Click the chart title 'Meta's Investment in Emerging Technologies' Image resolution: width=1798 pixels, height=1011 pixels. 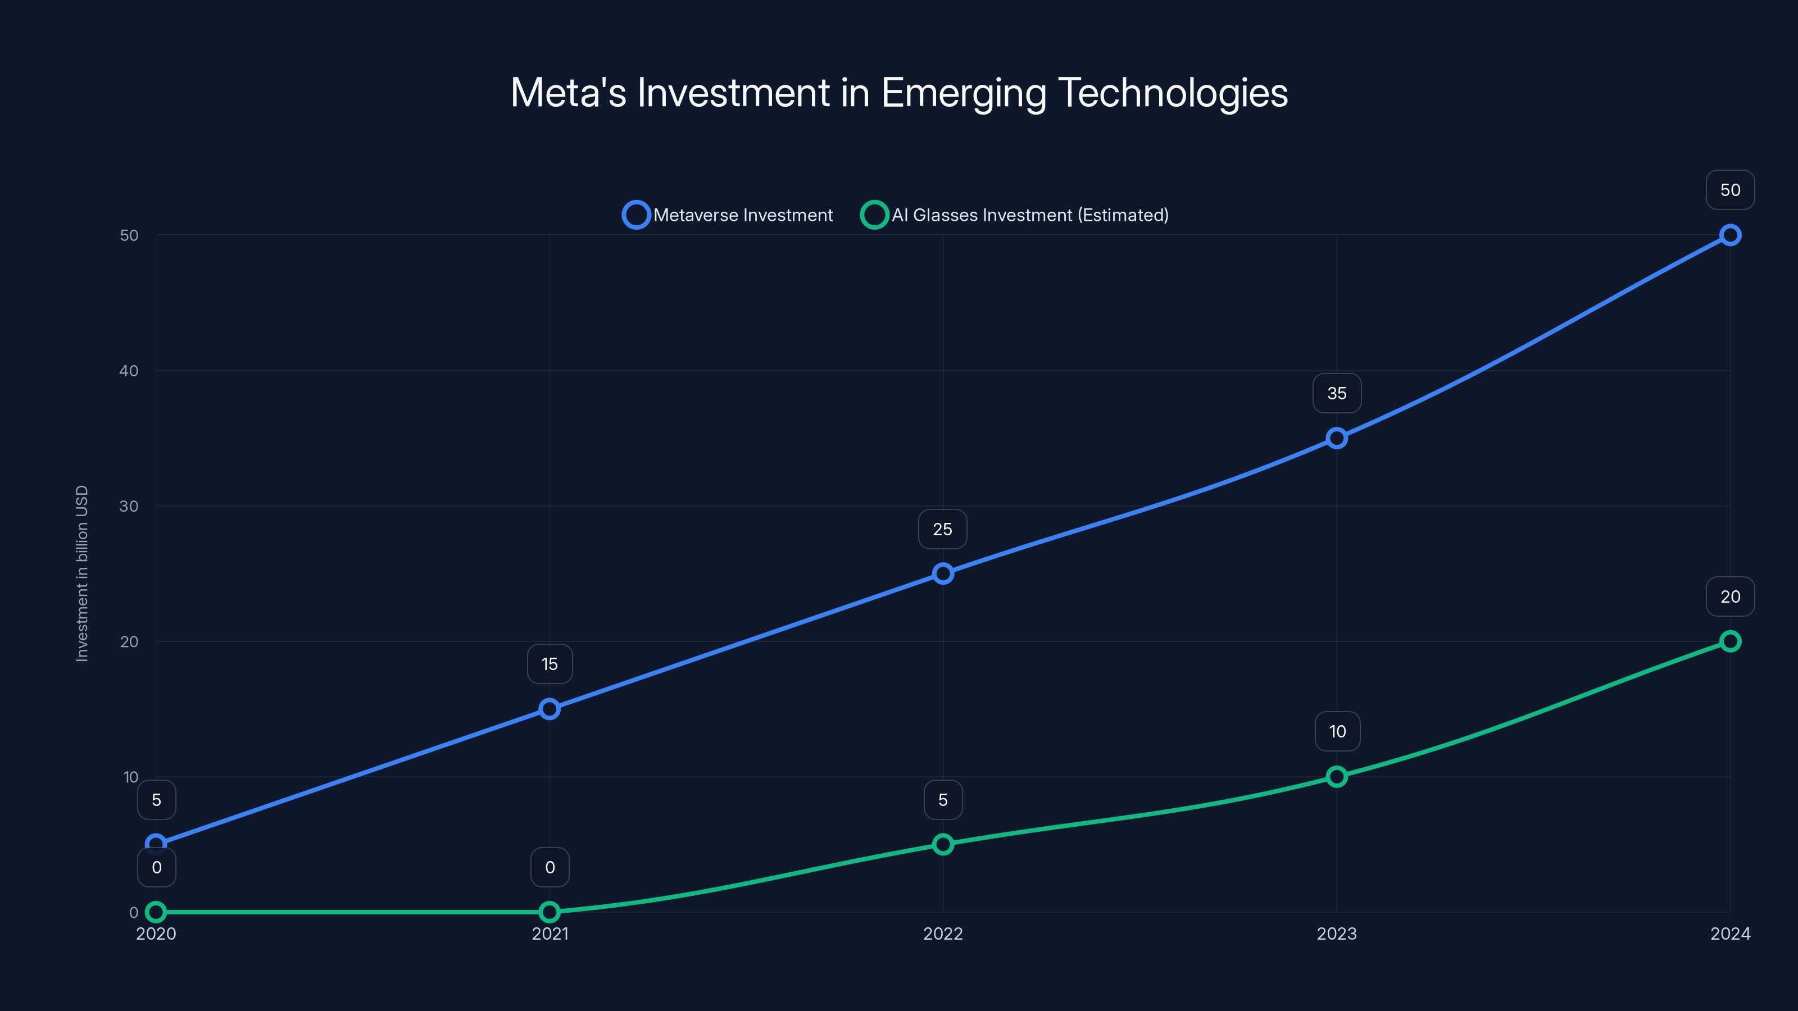899,93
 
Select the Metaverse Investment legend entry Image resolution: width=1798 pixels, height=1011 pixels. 728,215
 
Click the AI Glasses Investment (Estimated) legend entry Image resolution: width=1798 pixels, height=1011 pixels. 1015,215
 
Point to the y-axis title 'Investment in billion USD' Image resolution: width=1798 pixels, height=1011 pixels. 83,573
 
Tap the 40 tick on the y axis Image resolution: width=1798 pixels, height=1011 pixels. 129,371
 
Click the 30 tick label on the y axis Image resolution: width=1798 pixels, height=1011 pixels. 129,506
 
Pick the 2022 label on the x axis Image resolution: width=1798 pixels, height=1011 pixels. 943,933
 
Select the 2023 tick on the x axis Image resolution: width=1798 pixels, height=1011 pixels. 1337,933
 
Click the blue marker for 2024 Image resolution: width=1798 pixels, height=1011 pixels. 1729,235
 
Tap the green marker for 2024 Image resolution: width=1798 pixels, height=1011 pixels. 1729,641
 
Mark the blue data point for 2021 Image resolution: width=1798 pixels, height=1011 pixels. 550,709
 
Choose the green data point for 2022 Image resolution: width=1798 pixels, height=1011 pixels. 943,844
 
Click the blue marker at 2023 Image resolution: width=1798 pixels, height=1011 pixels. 1337,438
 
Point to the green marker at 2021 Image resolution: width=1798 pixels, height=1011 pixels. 550,912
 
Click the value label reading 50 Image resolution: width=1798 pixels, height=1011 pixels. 1729,190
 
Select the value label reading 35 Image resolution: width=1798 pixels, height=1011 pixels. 1337,394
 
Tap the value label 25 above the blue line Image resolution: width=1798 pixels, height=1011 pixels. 942,529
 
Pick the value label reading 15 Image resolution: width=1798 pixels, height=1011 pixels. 550,664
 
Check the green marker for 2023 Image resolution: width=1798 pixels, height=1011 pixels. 1337,777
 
